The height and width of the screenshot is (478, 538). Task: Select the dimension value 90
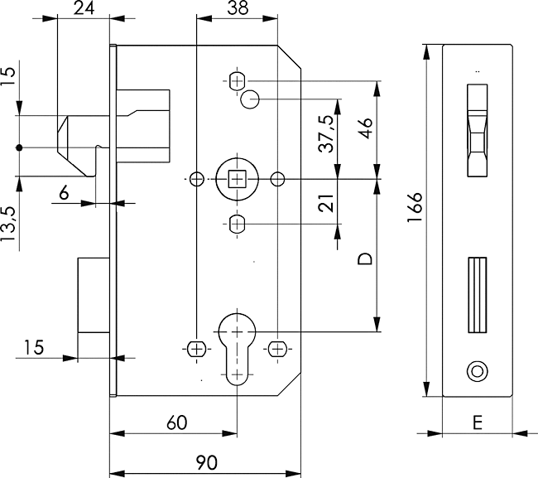click(x=206, y=462)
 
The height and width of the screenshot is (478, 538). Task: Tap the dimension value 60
click(x=176, y=422)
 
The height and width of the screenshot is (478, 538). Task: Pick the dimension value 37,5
click(x=327, y=133)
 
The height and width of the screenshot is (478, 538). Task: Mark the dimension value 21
click(x=327, y=202)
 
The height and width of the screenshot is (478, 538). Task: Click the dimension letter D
click(x=364, y=259)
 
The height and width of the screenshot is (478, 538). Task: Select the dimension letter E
click(x=478, y=422)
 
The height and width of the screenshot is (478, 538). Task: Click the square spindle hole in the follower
click(x=237, y=178)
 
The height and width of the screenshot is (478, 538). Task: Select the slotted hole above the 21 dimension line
click(x=237, y=224)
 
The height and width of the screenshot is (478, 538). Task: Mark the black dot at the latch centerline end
click(x=18, y=147)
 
